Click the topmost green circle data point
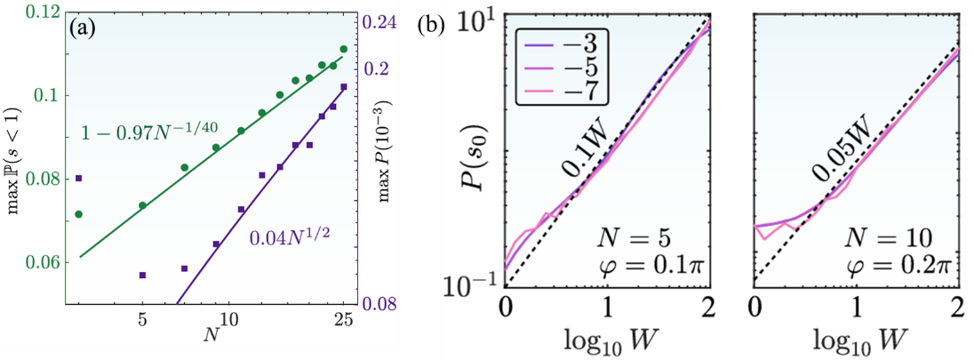tap(344, 49)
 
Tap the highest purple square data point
tap(344, 86)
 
